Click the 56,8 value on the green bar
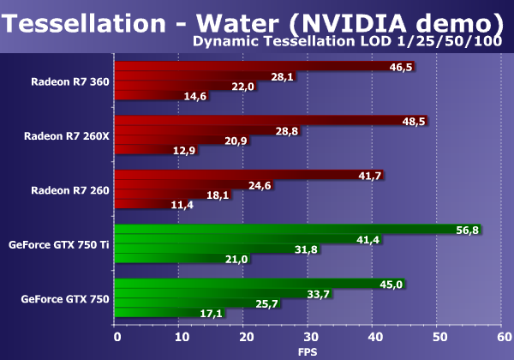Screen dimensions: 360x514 point(469,230)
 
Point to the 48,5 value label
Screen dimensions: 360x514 point(415,122)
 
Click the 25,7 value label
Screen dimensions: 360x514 point(269,304)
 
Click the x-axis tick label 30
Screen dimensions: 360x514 point(310,338)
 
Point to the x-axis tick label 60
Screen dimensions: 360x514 point(504,338)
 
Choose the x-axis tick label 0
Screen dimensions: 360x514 point(117,338)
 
